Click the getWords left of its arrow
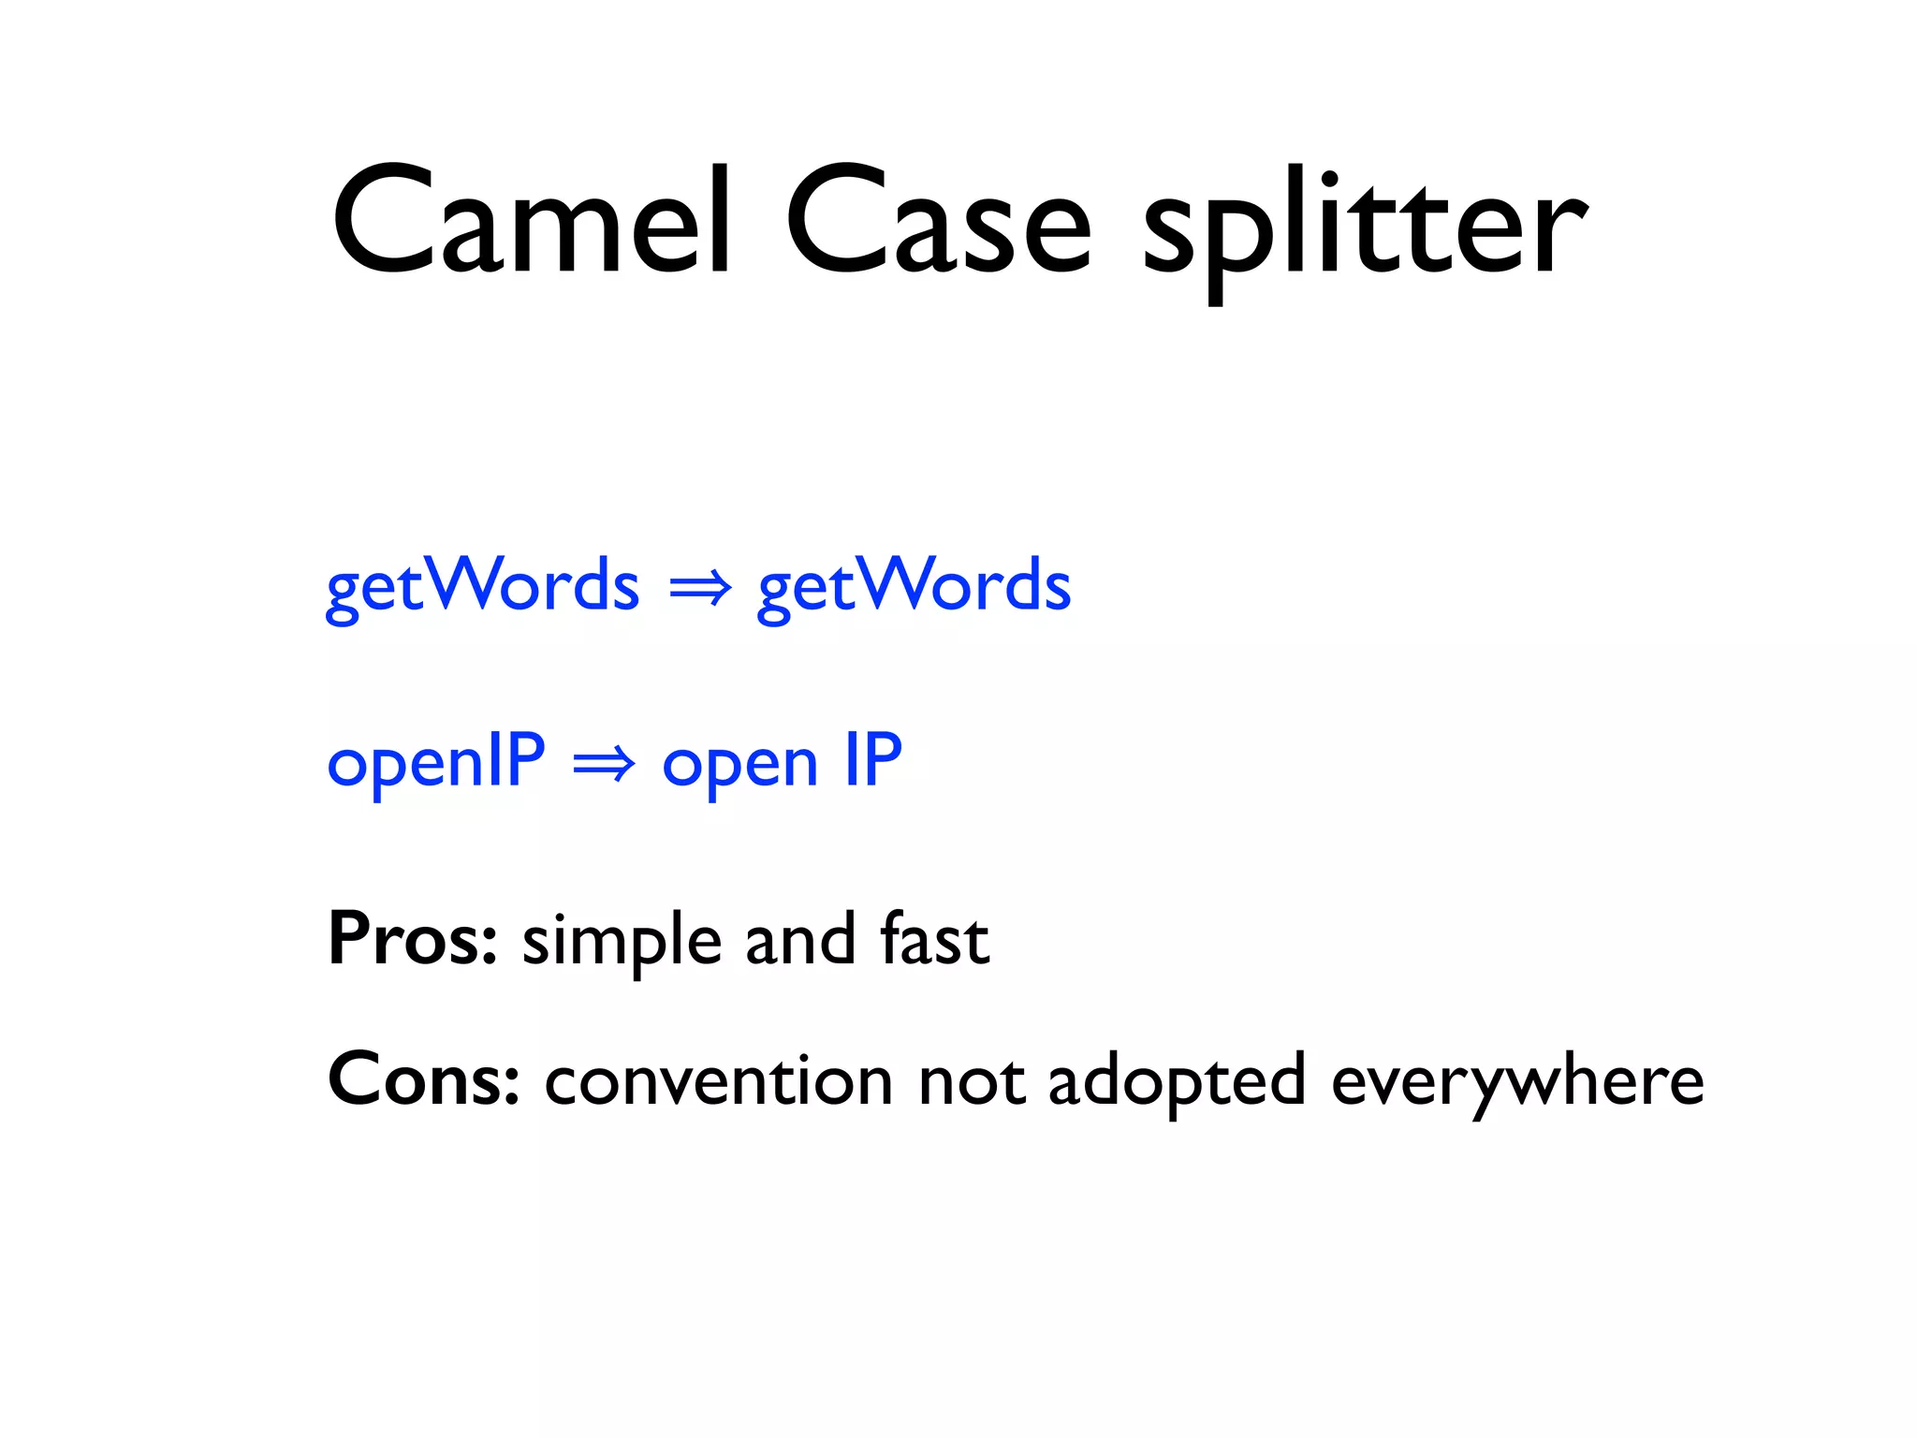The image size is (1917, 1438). [x=482, y=586]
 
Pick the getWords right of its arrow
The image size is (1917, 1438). [x=914, y=586]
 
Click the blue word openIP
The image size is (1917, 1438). [x=435, y=762]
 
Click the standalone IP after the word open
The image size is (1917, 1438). [x=873, y=760]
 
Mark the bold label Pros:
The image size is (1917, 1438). [x=412, y=939]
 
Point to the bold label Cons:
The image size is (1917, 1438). [x=423, y=1080]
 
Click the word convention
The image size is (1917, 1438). [x=718, y=1082]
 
